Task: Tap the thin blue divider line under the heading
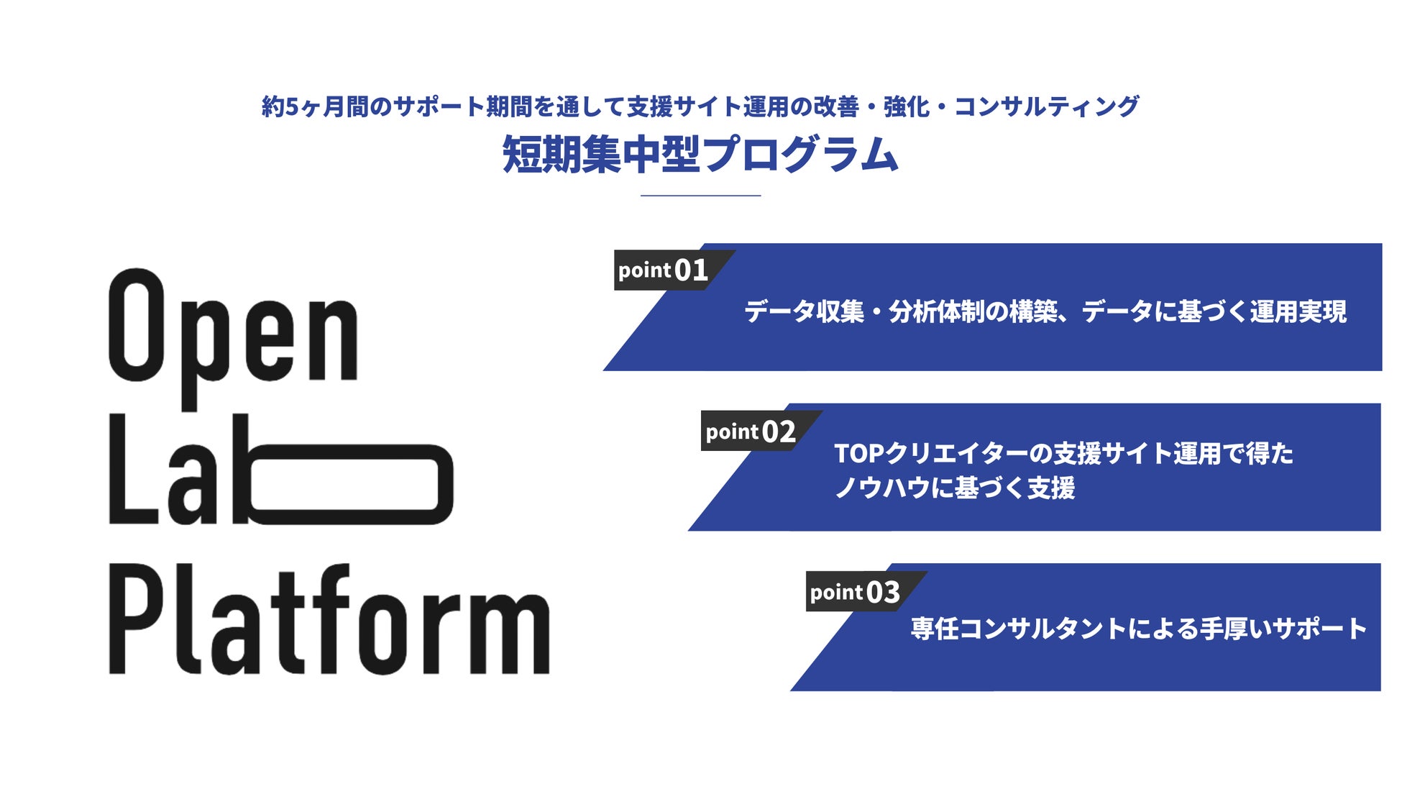[x=700, y=195]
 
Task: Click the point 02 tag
[x=751, y=432]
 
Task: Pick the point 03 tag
[x=855, y=592]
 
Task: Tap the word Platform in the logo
[x=329, y=620]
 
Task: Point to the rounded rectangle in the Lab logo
[x=350, y=484]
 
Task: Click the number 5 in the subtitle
[x=291, y=107]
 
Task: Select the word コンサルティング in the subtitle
[x=1046, y=107]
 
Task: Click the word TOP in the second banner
[x=858, y=454]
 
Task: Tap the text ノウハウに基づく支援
[x=954, y=488]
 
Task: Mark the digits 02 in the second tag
[x=779, y=432]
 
